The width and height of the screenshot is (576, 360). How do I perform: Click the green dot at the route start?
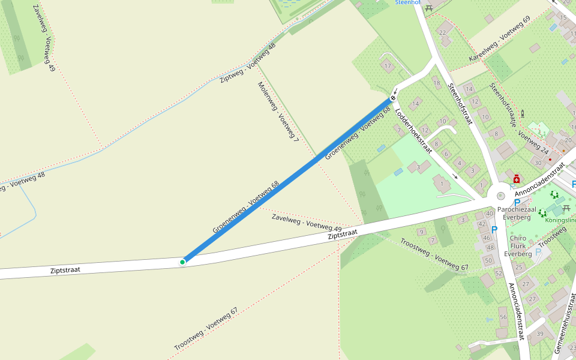coord(182,262)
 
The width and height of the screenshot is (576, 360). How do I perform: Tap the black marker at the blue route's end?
coord(393,98)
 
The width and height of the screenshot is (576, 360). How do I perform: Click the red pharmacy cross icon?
coord(516,179)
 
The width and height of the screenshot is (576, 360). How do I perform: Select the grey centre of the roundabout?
coord(500,195)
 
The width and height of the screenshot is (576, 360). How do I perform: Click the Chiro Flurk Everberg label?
coord(518,246)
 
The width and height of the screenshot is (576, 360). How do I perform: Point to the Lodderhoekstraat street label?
coord(415,131)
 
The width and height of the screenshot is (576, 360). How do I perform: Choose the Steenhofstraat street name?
coord(460,104)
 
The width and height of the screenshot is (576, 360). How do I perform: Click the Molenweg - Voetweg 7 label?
coord(278,112)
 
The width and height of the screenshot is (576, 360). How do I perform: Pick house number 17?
coord(387,66)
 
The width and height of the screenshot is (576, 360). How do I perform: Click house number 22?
coord(443,32)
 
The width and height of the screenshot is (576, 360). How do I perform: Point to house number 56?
coord(503,317)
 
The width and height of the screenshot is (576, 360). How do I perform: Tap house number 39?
coord(540,334)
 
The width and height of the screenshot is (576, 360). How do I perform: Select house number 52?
coord(498,273)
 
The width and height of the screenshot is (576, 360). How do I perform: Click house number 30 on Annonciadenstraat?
coord(538,163)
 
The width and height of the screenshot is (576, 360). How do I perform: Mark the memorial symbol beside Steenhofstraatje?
coord(523,112)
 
